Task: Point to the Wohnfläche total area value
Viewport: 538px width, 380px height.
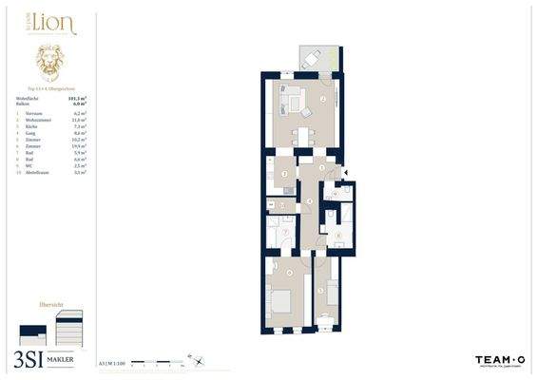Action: tap(77, 98)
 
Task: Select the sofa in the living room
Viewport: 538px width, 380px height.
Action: tap(288, 96)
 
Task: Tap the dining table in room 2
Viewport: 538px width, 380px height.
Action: tap(304, 134)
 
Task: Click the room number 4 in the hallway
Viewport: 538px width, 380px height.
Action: tap(310, 201)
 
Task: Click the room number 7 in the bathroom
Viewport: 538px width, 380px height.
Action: tap(285, 231)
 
